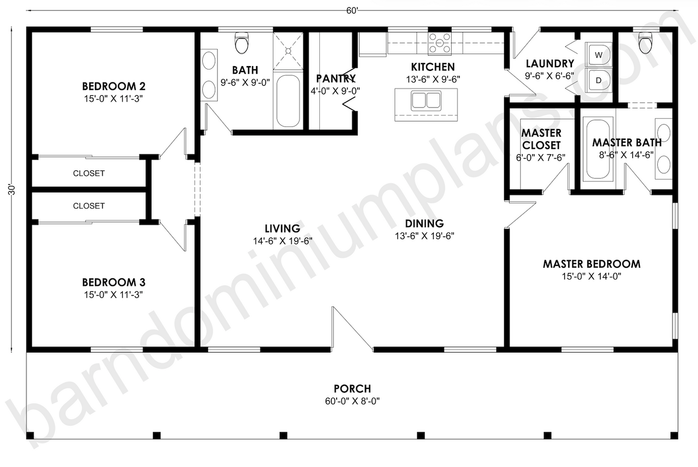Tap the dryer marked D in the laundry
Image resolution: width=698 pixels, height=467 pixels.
pyautogui.click(x=598, y=80)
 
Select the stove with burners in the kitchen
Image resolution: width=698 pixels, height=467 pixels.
pyautogui.click(x=440, y=43)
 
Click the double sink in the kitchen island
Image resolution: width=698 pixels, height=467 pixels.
pyautogui.click(x=426, y=100)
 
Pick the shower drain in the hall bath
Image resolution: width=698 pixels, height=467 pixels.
pyautogui.click(x=288, y=51)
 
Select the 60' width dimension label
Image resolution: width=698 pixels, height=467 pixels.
pyautogui.click(x=352, y=11)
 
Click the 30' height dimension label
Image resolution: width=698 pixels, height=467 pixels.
pyautogui.click(x=12, y=190)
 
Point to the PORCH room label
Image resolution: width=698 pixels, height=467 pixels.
pyautogui.click(x=353, y=388)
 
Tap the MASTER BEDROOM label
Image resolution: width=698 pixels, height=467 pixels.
pyautogui.click(x=592, y=264)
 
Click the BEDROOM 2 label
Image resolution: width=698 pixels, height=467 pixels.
pyautogui.click(x=114, y=86)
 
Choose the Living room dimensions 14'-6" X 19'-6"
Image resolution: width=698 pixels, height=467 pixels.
pyautogui.click(x=283, y=241)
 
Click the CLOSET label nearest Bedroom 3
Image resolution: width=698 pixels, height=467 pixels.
pyautogui.click(x=89, y=206)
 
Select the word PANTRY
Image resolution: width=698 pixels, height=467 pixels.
pyautogui.click(x=336, y=79)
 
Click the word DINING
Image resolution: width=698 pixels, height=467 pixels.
pyautogui.click(x=425, y=223)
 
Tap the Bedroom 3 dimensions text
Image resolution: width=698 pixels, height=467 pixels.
pyautogui.click(x=114, y=294)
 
